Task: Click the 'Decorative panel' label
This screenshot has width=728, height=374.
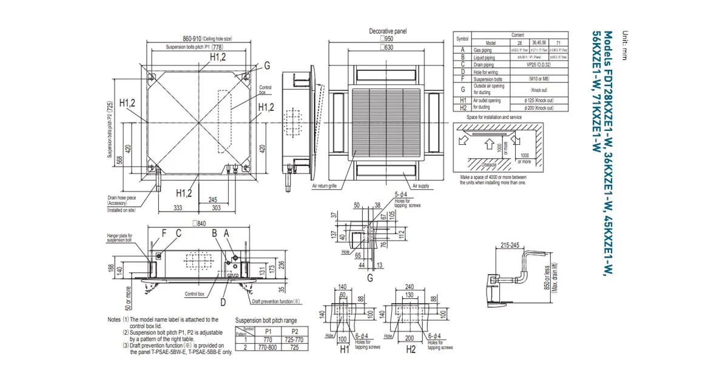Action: (x=388, y=31)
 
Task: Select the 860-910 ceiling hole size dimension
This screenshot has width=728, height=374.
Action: (x=199, y=38)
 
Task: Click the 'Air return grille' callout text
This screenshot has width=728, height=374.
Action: (x=325, y=186)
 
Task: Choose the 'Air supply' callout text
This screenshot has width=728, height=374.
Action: (x=420, y=186)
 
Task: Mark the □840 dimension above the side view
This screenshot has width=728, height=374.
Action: (x=198, y=223)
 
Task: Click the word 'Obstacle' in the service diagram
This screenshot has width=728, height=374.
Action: (x=489, y=165)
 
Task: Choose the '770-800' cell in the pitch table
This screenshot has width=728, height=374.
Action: (x=268, y=349)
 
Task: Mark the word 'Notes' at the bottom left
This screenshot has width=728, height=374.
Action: (x=114, y=319)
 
